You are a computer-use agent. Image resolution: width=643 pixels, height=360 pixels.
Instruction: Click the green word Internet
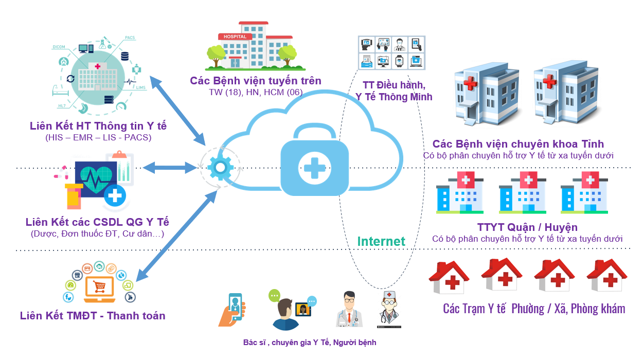(x=381, y=241)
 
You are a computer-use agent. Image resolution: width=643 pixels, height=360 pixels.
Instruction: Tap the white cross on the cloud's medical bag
(x=313, y=167)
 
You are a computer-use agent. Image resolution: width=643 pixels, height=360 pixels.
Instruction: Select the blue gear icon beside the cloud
(x=220, y=167)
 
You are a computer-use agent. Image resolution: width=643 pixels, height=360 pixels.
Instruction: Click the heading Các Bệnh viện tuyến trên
(x=256, y=81)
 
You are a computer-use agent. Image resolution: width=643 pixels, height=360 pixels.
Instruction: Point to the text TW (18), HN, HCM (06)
(x=256, y=93)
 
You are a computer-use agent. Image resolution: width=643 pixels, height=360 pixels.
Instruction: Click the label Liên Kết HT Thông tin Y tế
(x=98, y=126)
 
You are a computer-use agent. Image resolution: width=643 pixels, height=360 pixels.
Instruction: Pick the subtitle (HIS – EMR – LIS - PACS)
(x=98, y=138)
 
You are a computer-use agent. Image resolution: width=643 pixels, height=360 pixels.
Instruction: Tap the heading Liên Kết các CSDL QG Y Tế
(x=97, y=222)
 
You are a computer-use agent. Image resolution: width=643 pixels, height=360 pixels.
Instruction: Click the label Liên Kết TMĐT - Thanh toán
(x=93, y=315)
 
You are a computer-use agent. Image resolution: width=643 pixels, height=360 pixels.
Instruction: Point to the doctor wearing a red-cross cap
(x=389, y=310)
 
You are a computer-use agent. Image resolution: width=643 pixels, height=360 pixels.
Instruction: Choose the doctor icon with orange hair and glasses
(x=349, y=309)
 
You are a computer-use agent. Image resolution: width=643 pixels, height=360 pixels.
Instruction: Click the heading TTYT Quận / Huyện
(x=527, y=227)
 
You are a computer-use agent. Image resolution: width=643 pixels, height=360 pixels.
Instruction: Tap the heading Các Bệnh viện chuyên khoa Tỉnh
(x=518, y=143)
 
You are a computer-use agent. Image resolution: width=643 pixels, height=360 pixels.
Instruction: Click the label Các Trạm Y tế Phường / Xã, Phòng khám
(x=534, y=309)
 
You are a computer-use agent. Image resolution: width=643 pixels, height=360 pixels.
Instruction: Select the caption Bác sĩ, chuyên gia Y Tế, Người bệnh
(x=310, y=343)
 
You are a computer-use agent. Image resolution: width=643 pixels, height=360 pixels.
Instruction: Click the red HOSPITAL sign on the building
(x=235, y=37)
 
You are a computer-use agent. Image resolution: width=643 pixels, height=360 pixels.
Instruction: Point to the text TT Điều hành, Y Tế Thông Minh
(x=394, y=91)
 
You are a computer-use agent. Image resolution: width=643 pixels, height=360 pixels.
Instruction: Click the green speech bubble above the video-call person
(x=274, y=295)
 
